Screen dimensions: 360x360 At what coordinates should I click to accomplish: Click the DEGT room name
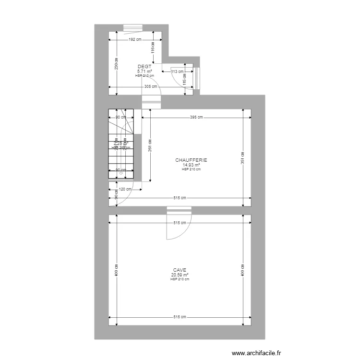pos(144,67)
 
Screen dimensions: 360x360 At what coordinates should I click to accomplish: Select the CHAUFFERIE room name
pos(191,160)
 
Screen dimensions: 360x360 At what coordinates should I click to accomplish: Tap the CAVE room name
pos(180,270)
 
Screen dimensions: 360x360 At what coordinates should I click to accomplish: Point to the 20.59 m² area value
pos(180,275)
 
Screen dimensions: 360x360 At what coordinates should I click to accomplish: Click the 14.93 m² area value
pos(191,165)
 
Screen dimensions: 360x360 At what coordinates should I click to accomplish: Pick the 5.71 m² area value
pos(144,71)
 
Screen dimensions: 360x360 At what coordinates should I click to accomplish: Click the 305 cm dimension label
pos(150,87)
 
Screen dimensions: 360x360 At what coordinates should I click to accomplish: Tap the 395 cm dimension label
pos(196,117)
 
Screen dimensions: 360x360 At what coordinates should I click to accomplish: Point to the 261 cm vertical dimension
pos(150,145)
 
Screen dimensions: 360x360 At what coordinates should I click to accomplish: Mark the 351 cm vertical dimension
pos(242,158)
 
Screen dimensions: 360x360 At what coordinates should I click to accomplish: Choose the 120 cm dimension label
pos(125,189)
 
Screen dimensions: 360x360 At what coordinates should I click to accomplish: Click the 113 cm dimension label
pos(178,72)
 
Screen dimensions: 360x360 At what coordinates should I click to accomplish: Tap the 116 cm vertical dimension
pos(153,48)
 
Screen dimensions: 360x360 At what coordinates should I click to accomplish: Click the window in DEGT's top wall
pos(133,27)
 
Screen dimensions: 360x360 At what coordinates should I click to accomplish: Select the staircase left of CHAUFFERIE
pos(120,144)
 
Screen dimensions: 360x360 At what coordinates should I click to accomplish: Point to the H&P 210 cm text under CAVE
pos(180,279)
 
